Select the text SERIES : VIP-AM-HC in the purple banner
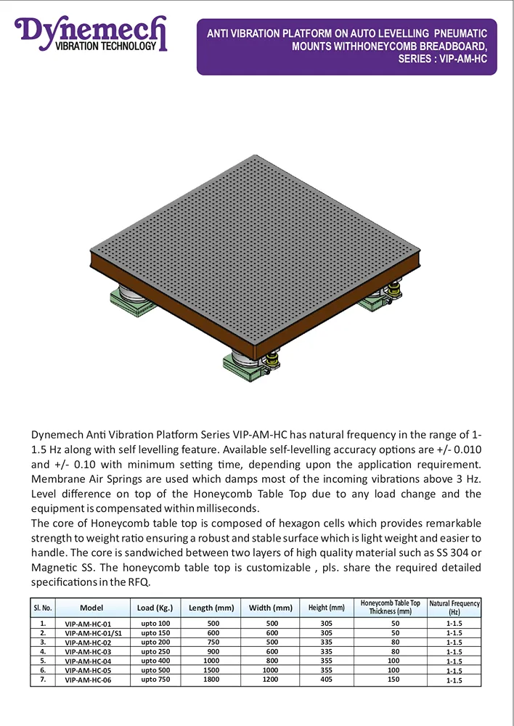pos(442,59)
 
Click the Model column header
pos(91,608)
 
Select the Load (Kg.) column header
pos(155,608)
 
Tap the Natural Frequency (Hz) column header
pos(454,608)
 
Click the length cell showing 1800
pos(211,680)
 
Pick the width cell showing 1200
pos(270,680)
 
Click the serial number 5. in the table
pos(44,661)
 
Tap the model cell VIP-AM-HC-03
pos(88,652)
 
